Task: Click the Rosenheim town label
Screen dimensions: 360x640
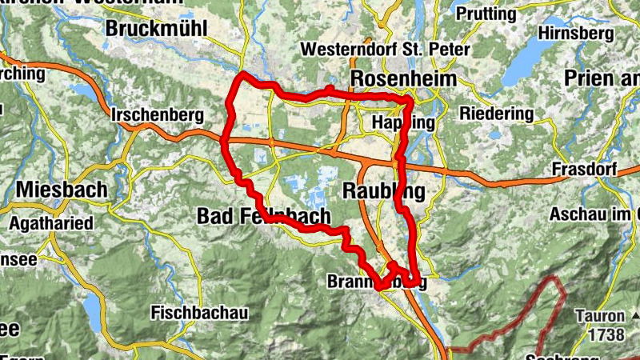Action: click(x=403, y=79)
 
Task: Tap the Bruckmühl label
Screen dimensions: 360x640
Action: click(x=156, y=29)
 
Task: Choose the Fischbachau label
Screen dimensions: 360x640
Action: click(x=199, y=312)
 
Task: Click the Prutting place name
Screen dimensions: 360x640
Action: click(x=487, y=14)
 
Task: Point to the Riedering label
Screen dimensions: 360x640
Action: click(x=496, y=114)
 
